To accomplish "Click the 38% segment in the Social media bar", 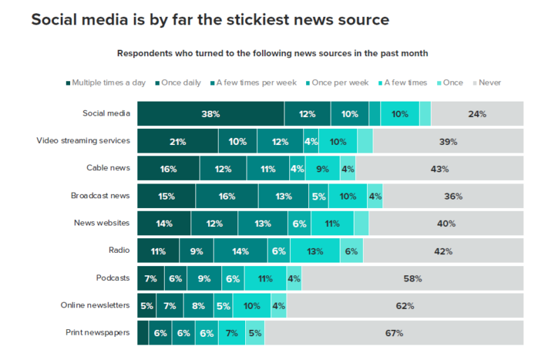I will (211, 113).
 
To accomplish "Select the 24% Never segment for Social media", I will (477, 113).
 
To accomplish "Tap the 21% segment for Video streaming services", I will (177, 141).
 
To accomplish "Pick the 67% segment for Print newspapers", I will (394, 333).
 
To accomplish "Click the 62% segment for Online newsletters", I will (404, 306).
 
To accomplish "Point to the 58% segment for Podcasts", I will (412, 279).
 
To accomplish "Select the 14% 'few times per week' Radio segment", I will (240, 251).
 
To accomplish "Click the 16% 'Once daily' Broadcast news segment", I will (226, 196).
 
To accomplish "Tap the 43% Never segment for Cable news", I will (439, 169).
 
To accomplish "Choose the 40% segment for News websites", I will (446, 223).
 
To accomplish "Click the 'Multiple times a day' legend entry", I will (106, 83).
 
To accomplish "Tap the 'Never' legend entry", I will (488, 83).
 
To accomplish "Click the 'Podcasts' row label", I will (113, 278).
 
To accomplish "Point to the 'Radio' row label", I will (118, 251).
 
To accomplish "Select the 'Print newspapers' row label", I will (97, 333).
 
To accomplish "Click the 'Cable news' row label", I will (108, 168).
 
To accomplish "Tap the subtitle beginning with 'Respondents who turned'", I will (273, 53).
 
